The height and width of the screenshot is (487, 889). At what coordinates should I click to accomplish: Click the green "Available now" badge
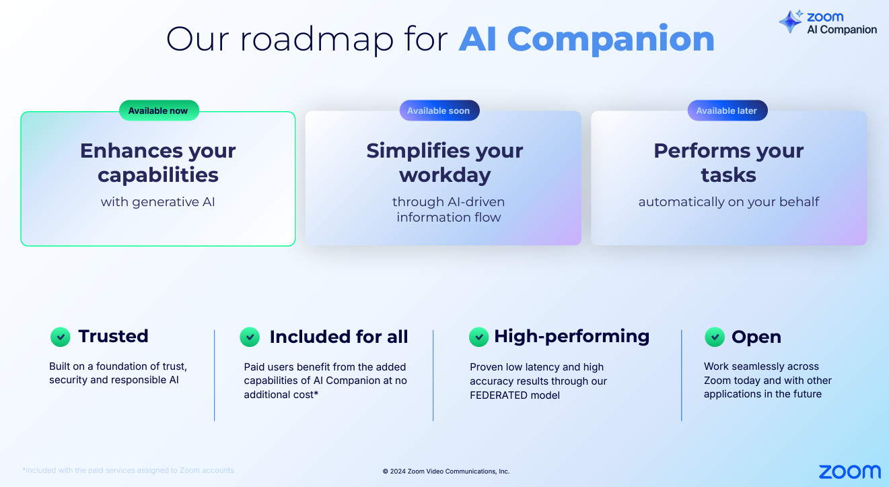click(159, 110)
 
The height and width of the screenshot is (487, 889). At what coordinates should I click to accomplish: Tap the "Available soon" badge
click(439, 110)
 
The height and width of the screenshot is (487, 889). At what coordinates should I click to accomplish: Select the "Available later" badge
click(727, 110)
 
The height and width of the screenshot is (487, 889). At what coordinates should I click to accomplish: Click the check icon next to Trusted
click(61, 337)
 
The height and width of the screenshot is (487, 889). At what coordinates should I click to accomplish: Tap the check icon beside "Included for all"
click(250, 337)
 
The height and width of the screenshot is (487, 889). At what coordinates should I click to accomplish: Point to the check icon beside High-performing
click(478, 337)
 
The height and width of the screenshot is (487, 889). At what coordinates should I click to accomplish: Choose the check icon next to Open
click(714, 337)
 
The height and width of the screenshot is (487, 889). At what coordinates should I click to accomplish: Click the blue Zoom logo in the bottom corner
click(849, 472)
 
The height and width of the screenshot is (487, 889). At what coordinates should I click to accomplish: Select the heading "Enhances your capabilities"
click(158, 162)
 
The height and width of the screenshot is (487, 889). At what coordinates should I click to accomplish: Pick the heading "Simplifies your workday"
click(444, 162)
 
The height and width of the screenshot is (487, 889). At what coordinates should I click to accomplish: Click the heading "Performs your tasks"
click(729, 162)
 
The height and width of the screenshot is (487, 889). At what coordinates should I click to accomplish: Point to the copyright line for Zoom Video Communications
click(446, 472)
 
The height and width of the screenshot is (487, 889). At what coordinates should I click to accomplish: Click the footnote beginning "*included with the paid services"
click(128, 470)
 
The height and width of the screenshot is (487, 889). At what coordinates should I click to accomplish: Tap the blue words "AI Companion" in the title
click(586, 39)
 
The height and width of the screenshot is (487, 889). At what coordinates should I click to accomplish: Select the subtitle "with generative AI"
click(158, 201)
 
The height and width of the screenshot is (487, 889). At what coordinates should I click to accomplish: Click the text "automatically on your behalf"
click(729, 201)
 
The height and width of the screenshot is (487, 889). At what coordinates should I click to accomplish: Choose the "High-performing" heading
click(572, 336)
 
